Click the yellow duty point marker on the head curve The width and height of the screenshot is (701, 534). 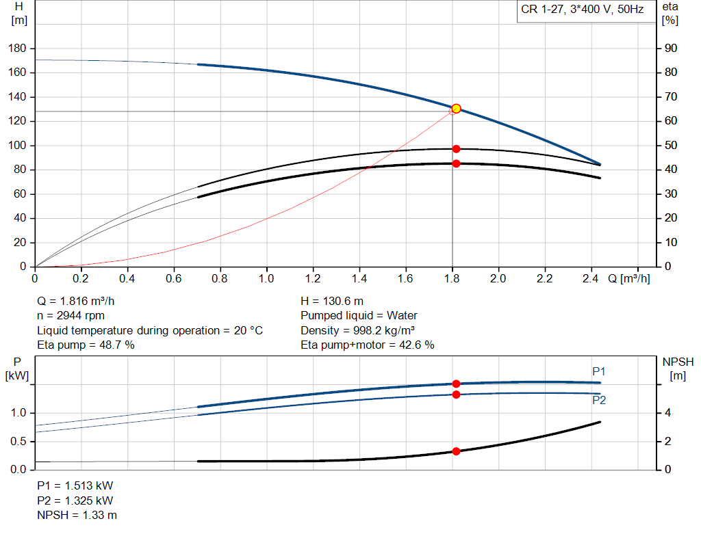[456, 109]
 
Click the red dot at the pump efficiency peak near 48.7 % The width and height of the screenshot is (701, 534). [456, 148]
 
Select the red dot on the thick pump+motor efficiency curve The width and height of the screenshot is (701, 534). [456, 163]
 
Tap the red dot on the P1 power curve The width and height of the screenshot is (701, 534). [456, 384]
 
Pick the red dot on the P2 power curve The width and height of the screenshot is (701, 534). [456, 395]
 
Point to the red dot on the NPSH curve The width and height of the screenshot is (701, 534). [456, 451]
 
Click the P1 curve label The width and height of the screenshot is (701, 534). [599, 371]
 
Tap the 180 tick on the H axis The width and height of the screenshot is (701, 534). [18, 49]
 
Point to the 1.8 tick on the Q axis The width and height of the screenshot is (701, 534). [452, 279]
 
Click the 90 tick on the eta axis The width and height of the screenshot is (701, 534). [672, 49]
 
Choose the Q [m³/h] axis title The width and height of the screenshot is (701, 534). [628, 279]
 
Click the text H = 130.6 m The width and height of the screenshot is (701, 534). [333, 301]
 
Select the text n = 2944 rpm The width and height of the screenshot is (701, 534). [72, 316]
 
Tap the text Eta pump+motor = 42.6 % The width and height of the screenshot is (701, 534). [368, 345]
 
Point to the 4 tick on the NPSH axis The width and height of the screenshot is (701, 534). [668, 413]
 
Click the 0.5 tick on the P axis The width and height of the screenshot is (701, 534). [18, 442]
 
